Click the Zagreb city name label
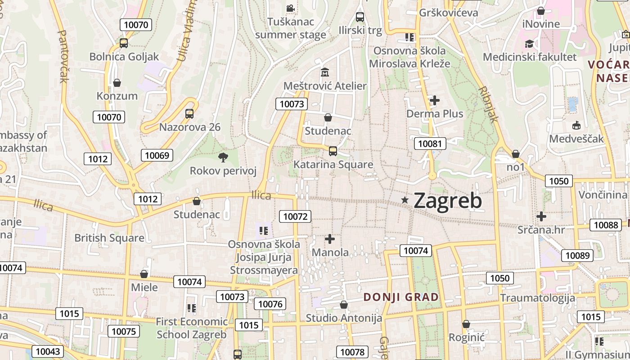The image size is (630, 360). (448, 201)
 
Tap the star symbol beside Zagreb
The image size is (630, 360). (405, 200)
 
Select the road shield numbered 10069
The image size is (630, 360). (157, 156)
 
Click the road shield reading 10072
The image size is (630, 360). (295, 216)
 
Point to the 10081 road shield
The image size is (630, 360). (430, 144)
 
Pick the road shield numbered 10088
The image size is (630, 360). (606, 225)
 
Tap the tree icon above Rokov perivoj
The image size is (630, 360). (223, 157)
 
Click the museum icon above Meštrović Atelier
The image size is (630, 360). (324, 72)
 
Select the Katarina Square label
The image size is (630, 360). (333, 165)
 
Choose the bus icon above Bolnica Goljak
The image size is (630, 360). (124, 43)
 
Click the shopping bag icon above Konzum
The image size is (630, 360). (117, 83)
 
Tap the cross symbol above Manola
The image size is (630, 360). (330, 239)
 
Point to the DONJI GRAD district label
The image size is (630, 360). (400, 297)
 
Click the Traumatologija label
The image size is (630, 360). (537, 298)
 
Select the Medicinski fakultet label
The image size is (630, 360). (529, 57)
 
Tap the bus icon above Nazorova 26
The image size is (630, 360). (189, 113)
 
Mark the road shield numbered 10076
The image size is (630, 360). (270, 304)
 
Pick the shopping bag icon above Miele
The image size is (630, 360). (144, 274)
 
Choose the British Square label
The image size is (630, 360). (109, 238)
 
